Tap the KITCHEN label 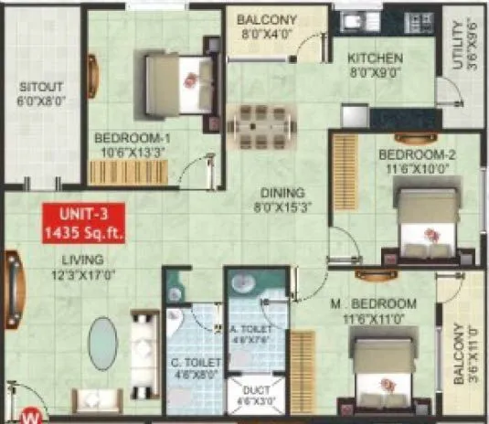click(375, 65)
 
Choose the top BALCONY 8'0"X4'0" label click(265, 26)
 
